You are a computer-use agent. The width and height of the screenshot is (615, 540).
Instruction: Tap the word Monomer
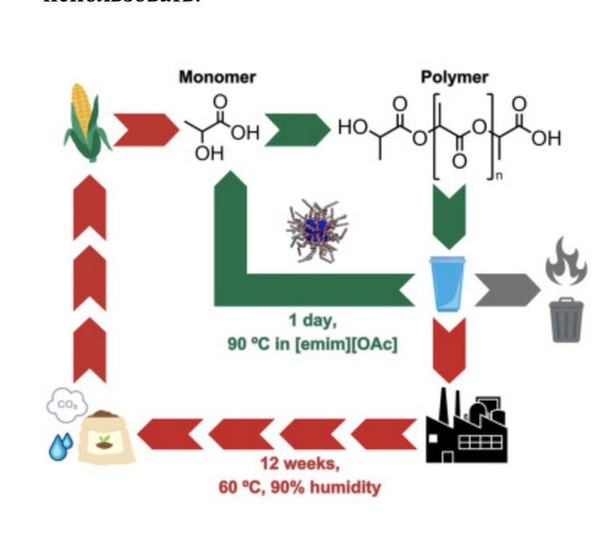(x=218, y=77)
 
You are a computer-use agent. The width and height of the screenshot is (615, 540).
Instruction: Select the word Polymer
(x=454, y=77)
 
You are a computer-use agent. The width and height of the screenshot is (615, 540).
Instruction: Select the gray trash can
(x=566, y=319)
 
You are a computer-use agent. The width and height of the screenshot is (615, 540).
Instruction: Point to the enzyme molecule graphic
(x=317, y=231)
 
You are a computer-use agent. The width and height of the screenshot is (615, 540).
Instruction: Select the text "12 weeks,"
(x=299, y=465)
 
